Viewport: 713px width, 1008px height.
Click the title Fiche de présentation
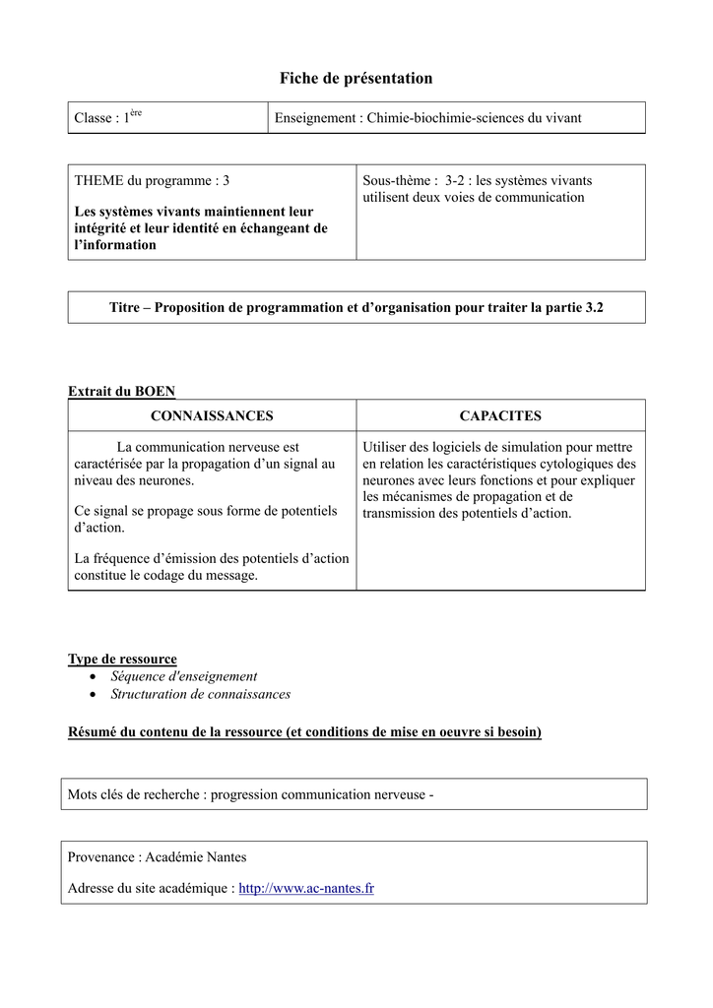(x=356, y=78)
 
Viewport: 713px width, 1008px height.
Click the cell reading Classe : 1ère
(x=108, y=118)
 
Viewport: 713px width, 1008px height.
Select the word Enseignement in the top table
(x=314, y=118)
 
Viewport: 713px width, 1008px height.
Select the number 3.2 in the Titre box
(x=594, y=307)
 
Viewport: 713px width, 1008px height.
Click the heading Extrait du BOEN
(x=121, y=392)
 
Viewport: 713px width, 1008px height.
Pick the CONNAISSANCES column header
(x=212, y=416)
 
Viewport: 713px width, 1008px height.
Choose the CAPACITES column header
(x=500, y=416)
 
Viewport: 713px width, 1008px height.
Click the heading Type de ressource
(x=122, y=659)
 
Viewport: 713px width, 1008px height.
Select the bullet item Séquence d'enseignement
(x=183, y=676)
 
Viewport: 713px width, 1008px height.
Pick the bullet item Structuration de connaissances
(x=200, y=694)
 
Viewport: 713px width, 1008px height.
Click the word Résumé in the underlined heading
(x=92, y=732)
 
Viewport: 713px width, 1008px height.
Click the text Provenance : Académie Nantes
(x=157, y=857)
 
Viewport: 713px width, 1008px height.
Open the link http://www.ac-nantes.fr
(x=306, y=889)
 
